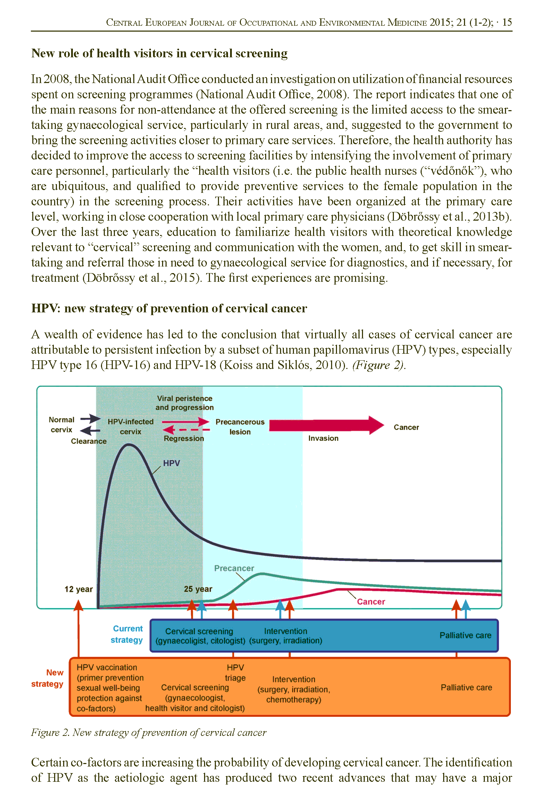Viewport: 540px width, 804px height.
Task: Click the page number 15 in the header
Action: (x=507, y=23)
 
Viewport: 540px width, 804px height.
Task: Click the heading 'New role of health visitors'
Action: (x=159, y=53)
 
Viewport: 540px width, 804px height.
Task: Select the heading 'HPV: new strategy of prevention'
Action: (x=169, y=308)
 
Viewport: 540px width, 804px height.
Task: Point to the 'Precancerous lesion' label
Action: (x=240, y=427)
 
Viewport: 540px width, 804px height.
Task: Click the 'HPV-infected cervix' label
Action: (x=130, y=426)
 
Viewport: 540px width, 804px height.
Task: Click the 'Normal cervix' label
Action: (x=61, y=425)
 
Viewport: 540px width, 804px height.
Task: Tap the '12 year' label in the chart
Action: (x=78, y=589)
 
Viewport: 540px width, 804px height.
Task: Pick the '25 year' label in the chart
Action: (x=198, y=589)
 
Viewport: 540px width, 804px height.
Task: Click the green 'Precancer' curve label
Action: (x=234, y=568)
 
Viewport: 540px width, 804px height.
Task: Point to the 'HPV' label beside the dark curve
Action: (x=171, y=463)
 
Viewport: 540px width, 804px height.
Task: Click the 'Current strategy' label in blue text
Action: (x=127, y=634)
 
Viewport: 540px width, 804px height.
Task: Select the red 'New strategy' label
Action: (x=48, y=678)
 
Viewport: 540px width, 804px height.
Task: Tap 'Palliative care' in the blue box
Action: (x=465, y=635)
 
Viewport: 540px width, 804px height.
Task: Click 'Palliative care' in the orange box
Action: (x=466, y=687)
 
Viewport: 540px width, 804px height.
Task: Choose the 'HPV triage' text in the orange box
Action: (x=235, y=673)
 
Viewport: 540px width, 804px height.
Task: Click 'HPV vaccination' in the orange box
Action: (x=107, y=667)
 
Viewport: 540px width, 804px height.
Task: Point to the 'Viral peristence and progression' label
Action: (x=184, y=403)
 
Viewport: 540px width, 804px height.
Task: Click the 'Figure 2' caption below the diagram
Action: (x=149, y=732)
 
